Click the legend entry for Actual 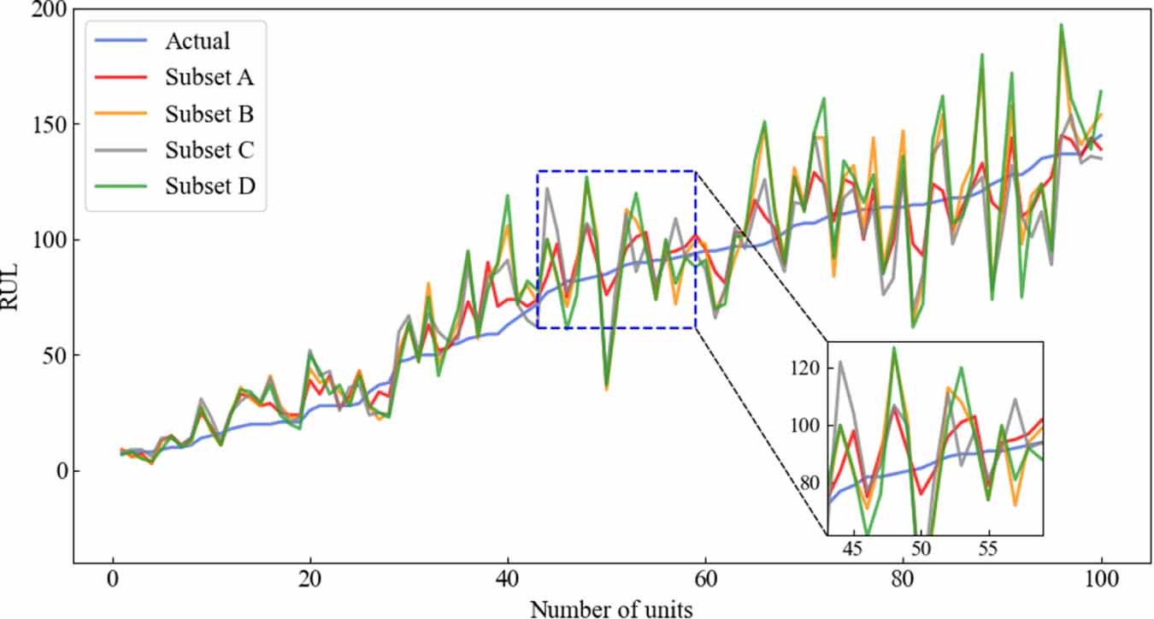click(x=197, y=40)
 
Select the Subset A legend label click(x=209, y=77)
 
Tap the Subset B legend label click(x=209, y=114)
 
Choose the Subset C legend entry click(x=209, y=150)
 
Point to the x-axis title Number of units click(x=611, y=608)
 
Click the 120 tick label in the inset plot click(x=807, y=368)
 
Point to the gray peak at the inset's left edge click(x=840, y=362)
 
